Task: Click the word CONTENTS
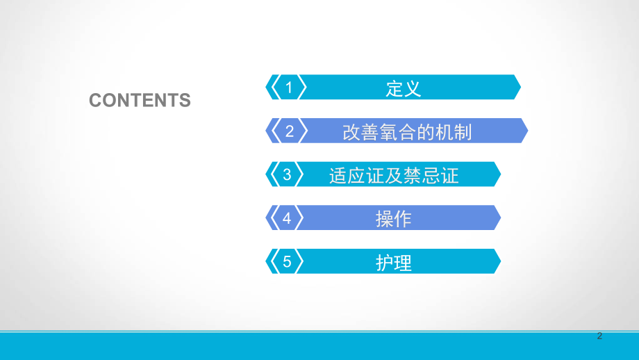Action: [x=140, y=100]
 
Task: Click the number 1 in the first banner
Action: [x=290, y=88]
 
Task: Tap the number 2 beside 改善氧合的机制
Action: [x=290, y=131]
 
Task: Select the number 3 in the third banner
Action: [x=288, y=175]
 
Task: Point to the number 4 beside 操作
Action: [x=288, y=219]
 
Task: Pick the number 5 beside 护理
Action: [x=288, y=263]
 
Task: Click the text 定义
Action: [x=404, y=88]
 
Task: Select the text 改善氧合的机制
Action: [x=408, y=132]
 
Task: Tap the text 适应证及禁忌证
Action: [x=394, y=176]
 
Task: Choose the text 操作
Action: [x=394, y=220]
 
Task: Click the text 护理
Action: [x=394, y=263]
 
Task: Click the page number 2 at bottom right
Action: [x=600, y=336]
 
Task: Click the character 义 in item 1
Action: [x=413, y=88]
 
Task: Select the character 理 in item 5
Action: [x=403, y=263]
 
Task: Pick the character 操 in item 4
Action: [x=385, y=220]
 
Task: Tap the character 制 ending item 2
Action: [x=463, y=132]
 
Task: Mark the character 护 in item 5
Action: [x=385, y=263]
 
